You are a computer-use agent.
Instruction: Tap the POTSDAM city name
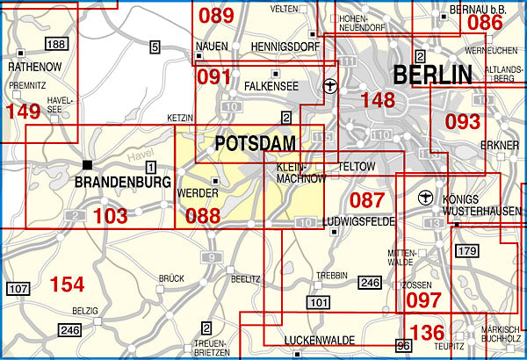click(254, 142)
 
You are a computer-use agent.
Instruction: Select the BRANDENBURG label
click(121, 183)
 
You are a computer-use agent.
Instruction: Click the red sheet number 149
click(23, 112)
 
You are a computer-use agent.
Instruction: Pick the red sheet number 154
click(67, 284)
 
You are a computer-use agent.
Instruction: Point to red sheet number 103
click(111, 215)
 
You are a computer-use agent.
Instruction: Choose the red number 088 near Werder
click(202, 215)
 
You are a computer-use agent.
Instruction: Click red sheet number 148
click(378, 100)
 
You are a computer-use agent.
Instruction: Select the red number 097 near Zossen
click(423, 301)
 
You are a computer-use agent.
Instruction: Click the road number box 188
click(54, 45)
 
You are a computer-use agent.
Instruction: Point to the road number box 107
click(18, 289)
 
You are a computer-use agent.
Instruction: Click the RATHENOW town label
click(32, 66)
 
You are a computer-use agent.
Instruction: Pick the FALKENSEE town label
click(268, 85)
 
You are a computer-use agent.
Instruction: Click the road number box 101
click(318, 303)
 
